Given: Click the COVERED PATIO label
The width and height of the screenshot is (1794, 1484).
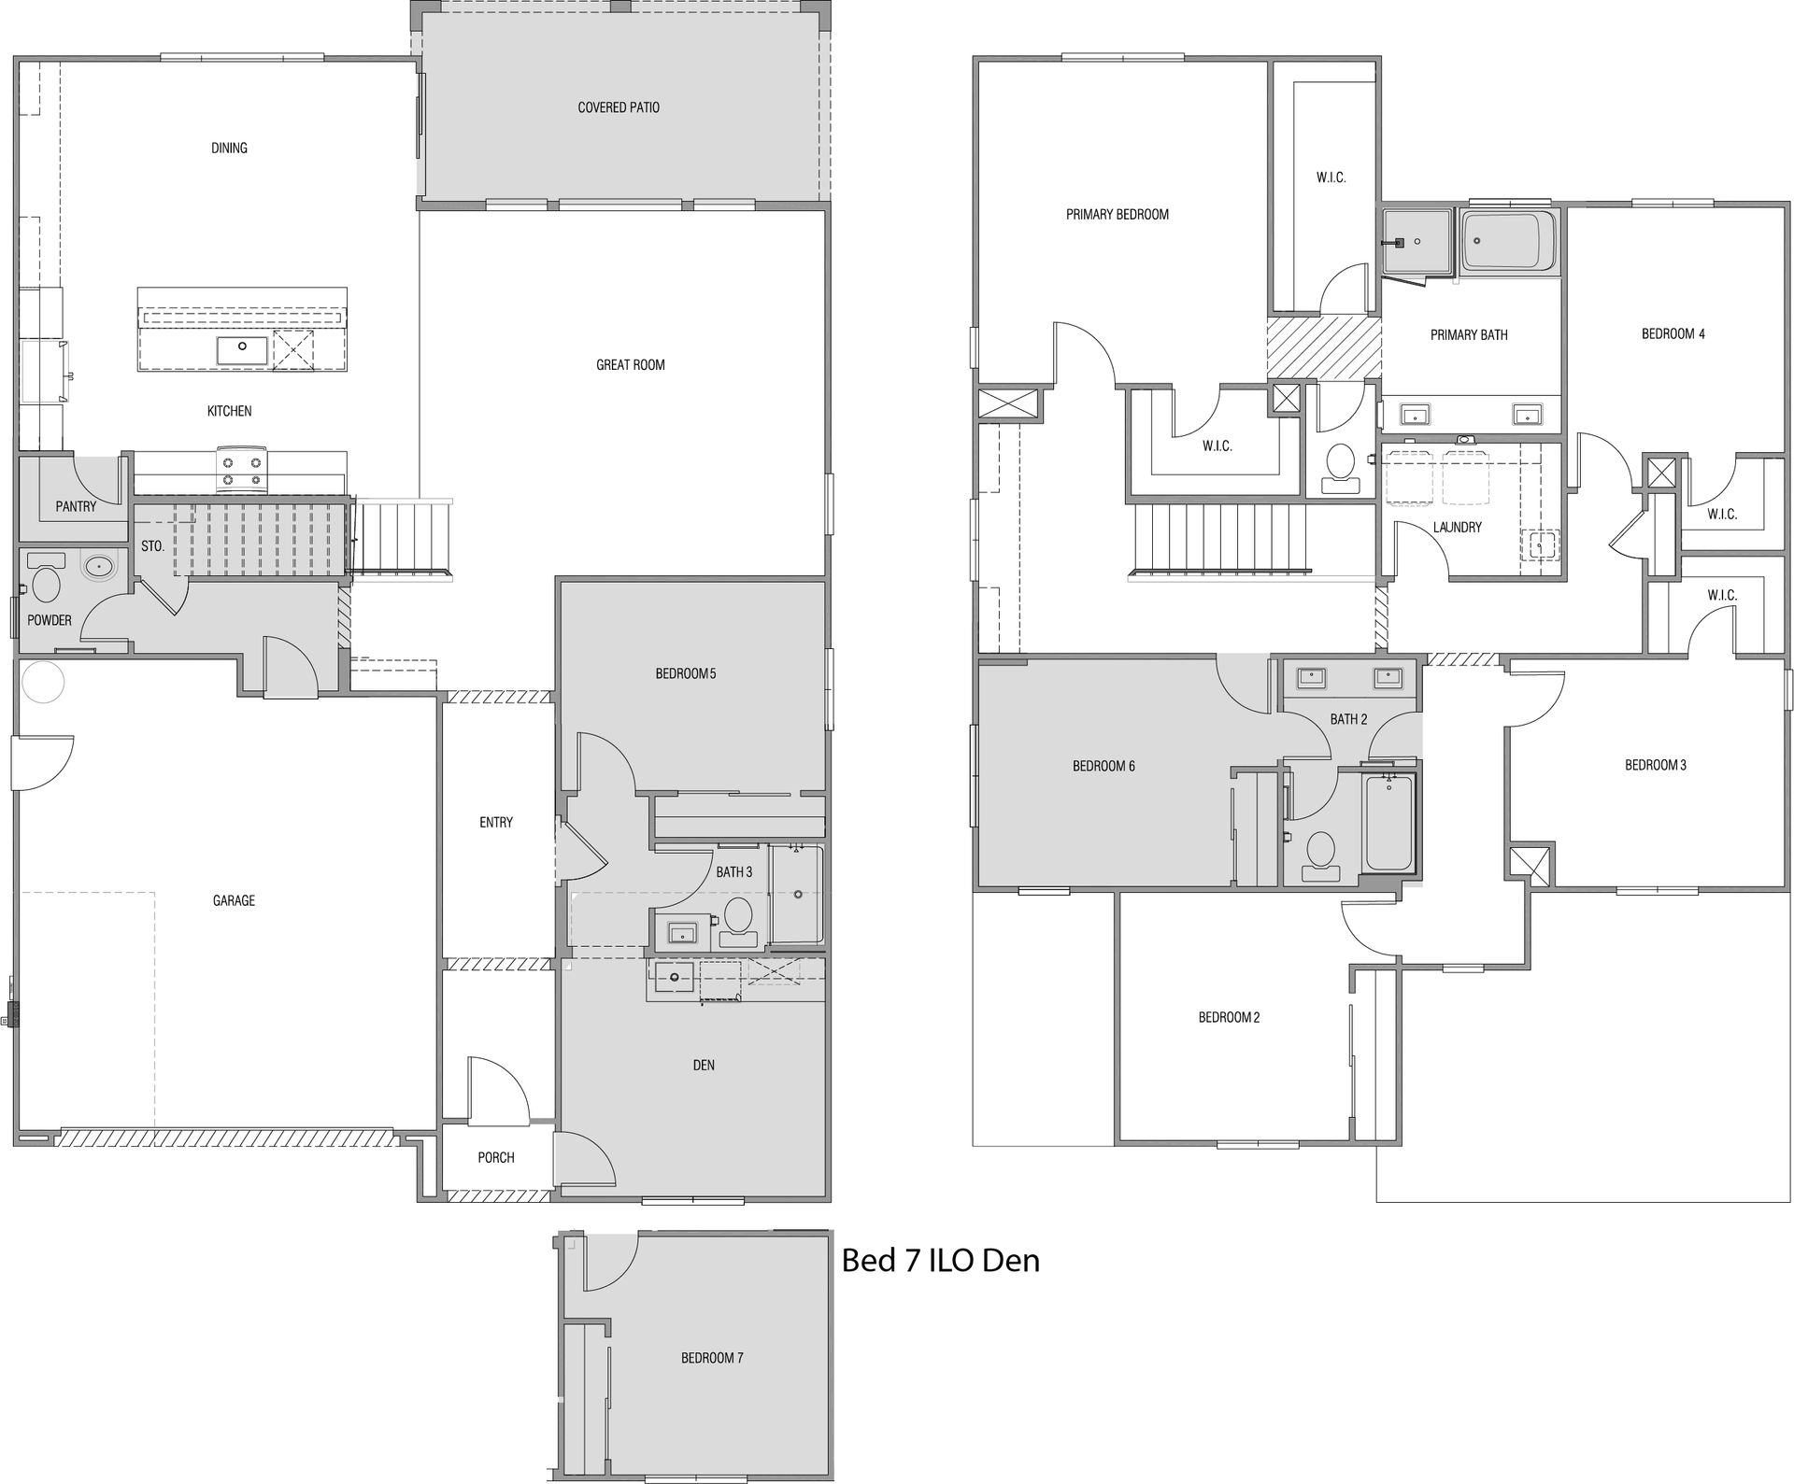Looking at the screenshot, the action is tap(619, 107).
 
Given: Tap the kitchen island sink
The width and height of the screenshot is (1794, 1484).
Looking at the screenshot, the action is tap(242, 350).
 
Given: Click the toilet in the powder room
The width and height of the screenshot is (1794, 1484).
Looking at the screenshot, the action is tap(45, 579).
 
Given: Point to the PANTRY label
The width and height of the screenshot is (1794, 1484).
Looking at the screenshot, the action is tap(76, 506).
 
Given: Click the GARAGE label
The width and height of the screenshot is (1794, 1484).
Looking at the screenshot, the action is tap(234, 900).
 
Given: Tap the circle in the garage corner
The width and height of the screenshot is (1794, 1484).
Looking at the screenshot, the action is tap(42, 682).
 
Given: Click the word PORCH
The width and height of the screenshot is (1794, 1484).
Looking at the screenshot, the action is tap(496, 1157).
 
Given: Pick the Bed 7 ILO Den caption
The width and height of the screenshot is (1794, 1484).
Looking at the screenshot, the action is tap(940, 1261).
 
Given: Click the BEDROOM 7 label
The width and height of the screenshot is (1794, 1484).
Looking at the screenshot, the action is tap(712, 1358).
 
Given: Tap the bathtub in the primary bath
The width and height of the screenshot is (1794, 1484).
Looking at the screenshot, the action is tap(1509, 242).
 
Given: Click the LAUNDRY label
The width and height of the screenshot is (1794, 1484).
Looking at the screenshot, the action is tap(1458, 527).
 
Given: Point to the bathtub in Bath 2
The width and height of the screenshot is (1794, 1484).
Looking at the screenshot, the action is tap(1390, 822).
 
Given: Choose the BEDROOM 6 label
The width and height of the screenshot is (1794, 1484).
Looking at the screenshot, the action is tap(1103, 766).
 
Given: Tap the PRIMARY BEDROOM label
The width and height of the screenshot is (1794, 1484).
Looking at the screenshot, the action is tap(1118, 214).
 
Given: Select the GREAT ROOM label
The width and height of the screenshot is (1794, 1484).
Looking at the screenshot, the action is tap(631, 364).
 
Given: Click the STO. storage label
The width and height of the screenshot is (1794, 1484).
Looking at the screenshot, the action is tap(152, 545).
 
